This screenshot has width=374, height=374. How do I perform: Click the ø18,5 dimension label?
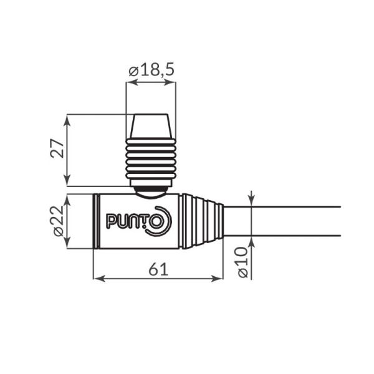(x=151, y=69)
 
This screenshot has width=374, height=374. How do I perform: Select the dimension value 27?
(x=57, y=150)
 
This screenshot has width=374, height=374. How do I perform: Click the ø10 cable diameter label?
(x=243, y=261)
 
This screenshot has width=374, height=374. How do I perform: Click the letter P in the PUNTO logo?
(x=111, y=221)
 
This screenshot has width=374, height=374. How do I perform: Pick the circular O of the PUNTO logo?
(x=156, y=223)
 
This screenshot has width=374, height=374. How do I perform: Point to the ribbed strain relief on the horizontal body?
(x=203, y=221)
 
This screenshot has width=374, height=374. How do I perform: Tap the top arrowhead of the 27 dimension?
(x=67, y=118)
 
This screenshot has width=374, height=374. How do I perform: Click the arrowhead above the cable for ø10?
(x=251, y=201)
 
